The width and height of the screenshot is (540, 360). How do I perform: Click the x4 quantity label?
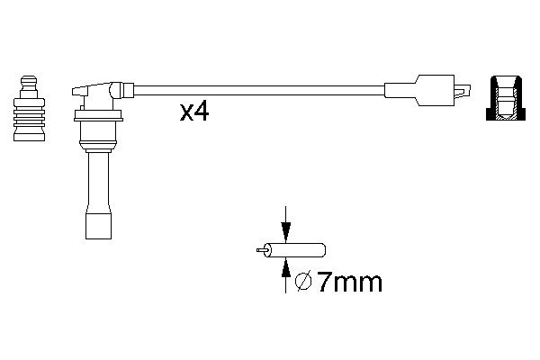[x=193, y=112]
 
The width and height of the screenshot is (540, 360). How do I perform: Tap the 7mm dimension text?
[x=349, y=283]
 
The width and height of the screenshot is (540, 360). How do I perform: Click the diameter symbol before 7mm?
[x=303, y=283]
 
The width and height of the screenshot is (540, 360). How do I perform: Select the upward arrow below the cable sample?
[x=285, y=274]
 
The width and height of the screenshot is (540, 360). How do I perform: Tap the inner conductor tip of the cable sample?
[x=261, y=250]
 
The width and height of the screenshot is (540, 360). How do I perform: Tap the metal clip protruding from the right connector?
[x=462, y=91]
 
